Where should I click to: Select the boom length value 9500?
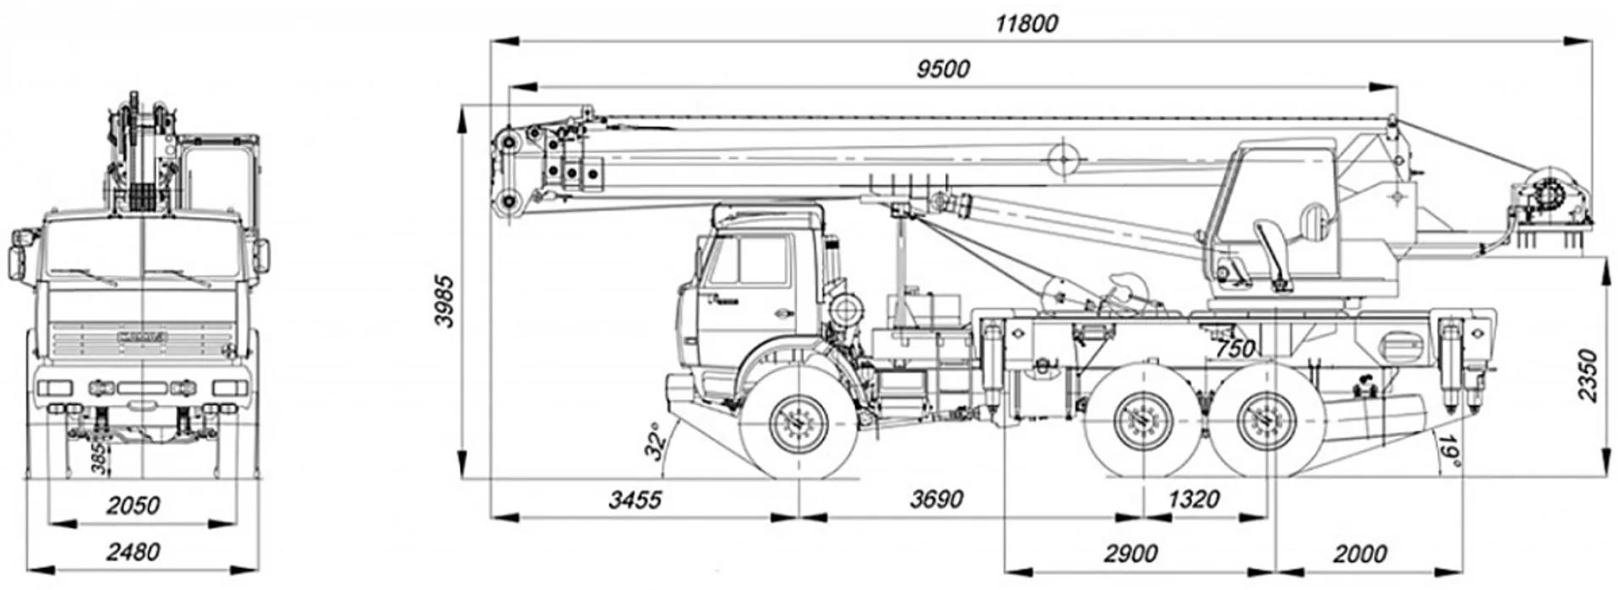click(943, 68)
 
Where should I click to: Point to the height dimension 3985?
click(446, 299)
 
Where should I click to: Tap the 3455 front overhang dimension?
click(635, 500)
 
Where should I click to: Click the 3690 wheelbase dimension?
click(936, 500)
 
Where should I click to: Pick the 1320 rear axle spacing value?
click(1193, 500)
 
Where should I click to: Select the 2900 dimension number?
click(1130, 554)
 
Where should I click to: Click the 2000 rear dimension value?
click(1359, 554)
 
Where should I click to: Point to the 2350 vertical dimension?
click(1588, 374)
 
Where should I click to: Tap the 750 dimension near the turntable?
click(1234, 348)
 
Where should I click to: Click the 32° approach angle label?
click(656, 440)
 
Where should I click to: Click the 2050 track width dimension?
click(133, 505)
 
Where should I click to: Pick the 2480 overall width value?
click(133, 552)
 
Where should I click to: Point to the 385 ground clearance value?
click(98, 457)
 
